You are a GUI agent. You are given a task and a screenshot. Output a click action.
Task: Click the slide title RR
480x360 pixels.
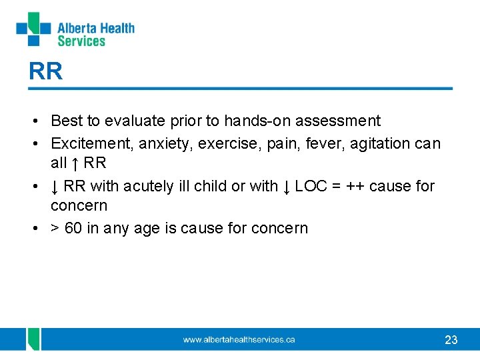45,71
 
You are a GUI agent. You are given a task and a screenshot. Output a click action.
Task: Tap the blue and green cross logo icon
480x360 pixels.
33,29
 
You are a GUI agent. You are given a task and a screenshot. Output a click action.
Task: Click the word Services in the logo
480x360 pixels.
81,41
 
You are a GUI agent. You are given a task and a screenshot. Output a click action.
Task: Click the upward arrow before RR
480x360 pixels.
75,163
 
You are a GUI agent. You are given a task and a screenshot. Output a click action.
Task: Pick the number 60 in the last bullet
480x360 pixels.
73,228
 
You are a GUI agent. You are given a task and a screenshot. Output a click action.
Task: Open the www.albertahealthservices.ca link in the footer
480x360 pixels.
239,339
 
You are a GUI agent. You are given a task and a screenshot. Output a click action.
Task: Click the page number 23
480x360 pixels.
451,340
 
